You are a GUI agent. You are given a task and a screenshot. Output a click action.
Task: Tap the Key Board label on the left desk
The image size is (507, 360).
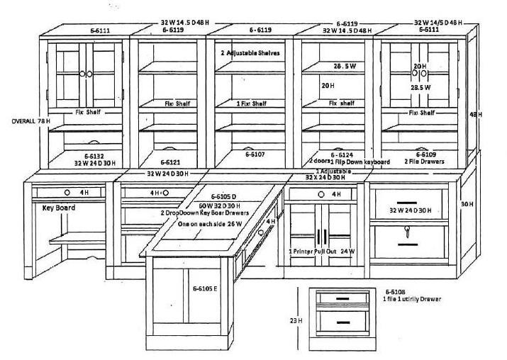[59, 208]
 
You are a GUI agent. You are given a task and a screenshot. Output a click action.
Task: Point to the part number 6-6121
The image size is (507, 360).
[170, 154]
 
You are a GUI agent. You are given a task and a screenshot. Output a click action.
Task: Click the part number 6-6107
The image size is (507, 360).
[255, 153]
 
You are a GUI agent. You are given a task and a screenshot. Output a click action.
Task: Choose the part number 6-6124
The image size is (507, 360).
[342, 154]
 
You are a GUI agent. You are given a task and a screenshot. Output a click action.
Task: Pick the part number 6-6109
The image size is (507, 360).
[425, 154]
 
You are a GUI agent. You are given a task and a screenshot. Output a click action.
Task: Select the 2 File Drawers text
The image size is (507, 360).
[425, 162]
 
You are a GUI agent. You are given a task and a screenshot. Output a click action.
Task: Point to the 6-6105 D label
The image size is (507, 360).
[228, 196]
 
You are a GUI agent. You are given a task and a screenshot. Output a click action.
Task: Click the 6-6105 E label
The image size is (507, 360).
[206, 288]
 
